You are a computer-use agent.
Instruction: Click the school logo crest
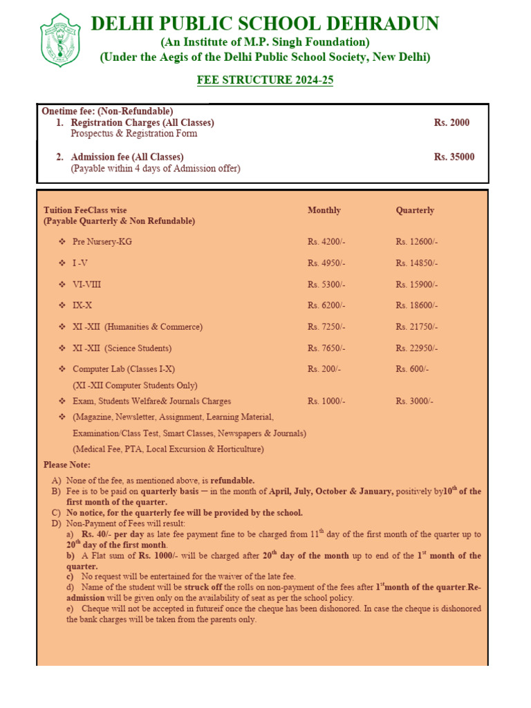click(61, 40)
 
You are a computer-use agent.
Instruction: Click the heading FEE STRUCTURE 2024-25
click(265, 80)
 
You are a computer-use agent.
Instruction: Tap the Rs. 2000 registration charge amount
click(451, 122)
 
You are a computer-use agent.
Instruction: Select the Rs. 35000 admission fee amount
click(454, 157)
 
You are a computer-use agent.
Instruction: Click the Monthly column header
click(324, 210)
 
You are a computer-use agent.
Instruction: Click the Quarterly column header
click(415, 210)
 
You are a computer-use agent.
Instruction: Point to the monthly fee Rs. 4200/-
click(326, 241)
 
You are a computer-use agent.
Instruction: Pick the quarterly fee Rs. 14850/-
click(417, 263)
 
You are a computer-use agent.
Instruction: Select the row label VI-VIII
click(87, 284)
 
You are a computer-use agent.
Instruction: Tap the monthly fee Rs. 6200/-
click(326, 305)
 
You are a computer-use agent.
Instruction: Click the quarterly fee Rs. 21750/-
click(417, 326)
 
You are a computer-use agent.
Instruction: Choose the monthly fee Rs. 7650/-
click(326, 348)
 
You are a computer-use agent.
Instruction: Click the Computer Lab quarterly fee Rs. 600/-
click(412, 369)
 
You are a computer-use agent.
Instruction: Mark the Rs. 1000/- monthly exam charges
click(326, 401)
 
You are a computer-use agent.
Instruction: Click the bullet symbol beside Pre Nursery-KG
click(62, 241)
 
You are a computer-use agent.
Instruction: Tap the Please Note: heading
click(67, 465)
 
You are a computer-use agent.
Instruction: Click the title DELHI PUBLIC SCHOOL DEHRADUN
click(265, 24)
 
